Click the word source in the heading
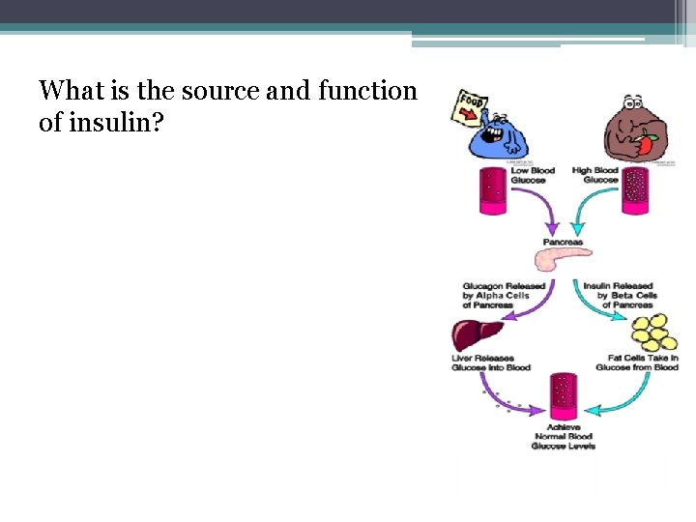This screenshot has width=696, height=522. coord(213,92)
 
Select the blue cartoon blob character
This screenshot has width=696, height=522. coord(499,134)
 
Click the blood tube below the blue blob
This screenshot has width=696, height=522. coord(493,188)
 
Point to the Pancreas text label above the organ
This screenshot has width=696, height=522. coord(563,242)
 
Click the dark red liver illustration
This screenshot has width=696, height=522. coord(477,334)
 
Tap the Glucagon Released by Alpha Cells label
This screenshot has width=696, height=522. coord(504,295)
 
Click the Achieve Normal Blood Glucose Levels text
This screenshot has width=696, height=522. coord(564,436)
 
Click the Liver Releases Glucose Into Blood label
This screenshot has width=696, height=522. coord(490,362)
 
